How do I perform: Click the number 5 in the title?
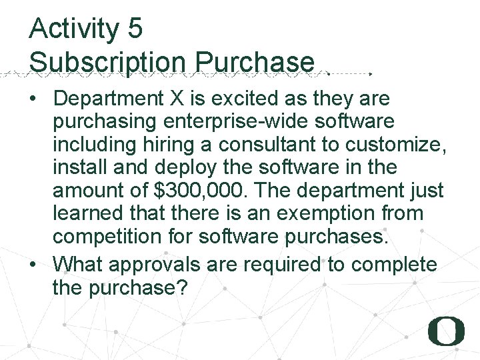[x=134, y=29]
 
